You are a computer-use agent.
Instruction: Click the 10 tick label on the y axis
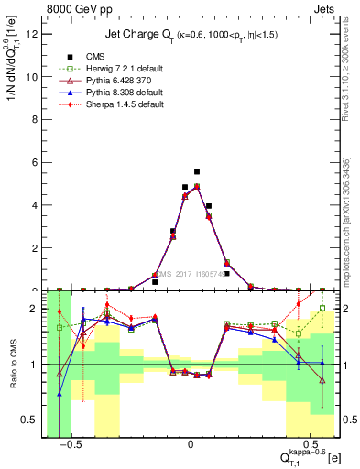pyautogui.click(x=34, y=77)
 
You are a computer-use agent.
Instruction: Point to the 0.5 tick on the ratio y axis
pyautogui.click(x=32, y=421)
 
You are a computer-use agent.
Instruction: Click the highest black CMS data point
pyautogui.click(x=197, y=171)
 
